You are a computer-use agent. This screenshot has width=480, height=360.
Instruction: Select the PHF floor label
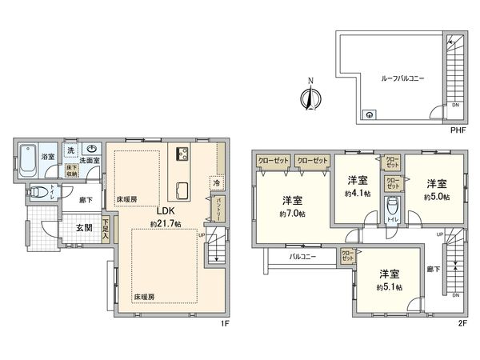pos(457,130)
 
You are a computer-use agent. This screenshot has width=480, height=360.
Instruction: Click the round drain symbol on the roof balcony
pos(368,114)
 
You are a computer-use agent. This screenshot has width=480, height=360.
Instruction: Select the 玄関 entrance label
pos(84,228)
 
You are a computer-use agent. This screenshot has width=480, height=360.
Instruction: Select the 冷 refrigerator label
pos(216,182)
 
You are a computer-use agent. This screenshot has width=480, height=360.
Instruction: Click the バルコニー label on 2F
pos(298,257)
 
